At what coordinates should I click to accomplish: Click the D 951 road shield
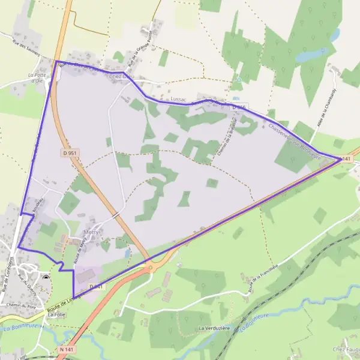[70, 154]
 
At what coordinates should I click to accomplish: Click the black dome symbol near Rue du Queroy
[47, 277]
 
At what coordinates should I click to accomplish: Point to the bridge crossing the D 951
[115, 214]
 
